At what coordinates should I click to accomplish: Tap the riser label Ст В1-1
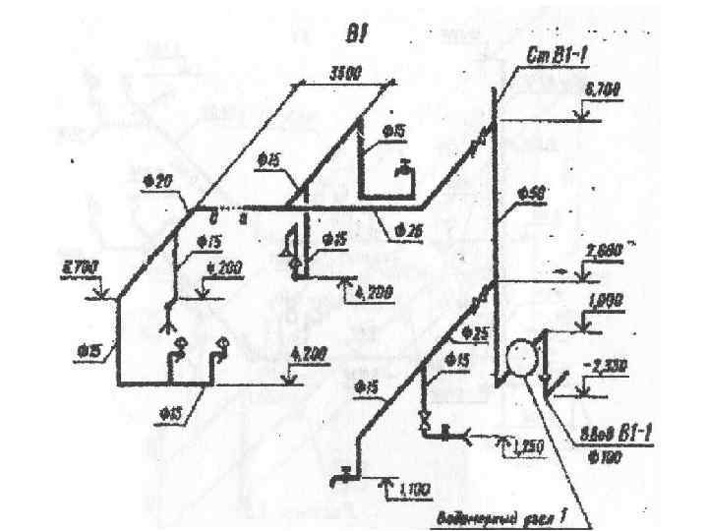(x=558, y=58)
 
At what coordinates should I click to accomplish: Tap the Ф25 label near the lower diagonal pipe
(x=475, y=331)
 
